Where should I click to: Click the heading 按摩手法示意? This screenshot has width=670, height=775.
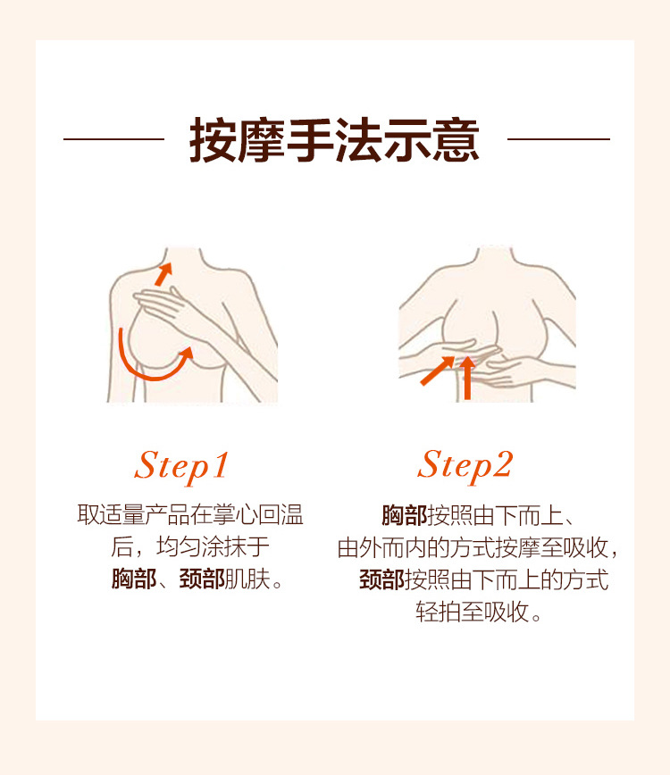pyautogui.click(x=334, y=140)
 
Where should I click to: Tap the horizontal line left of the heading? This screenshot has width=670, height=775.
pyautogui.click(x=113, y=139)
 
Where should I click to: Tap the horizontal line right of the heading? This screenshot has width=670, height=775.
pyautogui.click(x=558, y=139)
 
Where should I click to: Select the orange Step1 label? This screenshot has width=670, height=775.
pyautogui.click(x=181, y=467)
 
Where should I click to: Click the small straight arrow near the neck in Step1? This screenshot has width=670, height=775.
pyautogui.click(x=163, y=274)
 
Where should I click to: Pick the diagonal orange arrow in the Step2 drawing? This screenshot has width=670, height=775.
pyautogui.click(x=437, y=371)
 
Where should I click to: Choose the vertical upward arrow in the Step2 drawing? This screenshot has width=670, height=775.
pyautogui.click(x=467, y=378)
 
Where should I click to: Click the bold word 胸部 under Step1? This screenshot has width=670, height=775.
pyautogui.click(x=134, y=579)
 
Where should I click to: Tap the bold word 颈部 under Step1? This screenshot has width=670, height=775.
pyautogui.click(x=202, y=579)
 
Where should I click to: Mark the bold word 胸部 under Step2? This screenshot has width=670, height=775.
pyautogui.click(x=405, y=515)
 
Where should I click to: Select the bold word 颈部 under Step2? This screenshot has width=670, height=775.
pyautogui.click(x=382, y=579)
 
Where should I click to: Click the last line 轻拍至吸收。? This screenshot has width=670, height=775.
pyautogui.click(x=479, y=612)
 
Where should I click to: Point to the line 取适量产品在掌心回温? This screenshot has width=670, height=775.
pyautogui.click(x=190, y=514)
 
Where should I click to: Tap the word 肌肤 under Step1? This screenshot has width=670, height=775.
pyautogui.click(x=247, y=579)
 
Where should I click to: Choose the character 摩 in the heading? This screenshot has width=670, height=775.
pyautogui.click(x=262, y=140)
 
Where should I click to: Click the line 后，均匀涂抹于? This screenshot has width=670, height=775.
pyautogui.click(x=190, y=547)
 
